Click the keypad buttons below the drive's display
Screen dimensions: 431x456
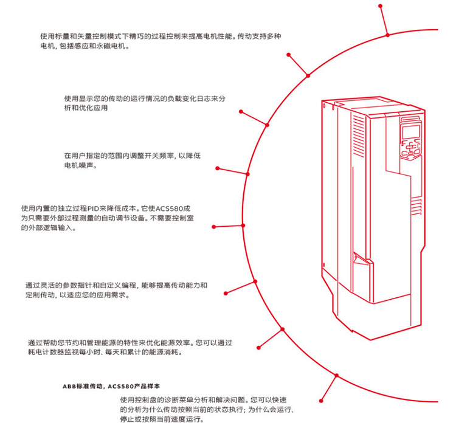pos(410,151)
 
